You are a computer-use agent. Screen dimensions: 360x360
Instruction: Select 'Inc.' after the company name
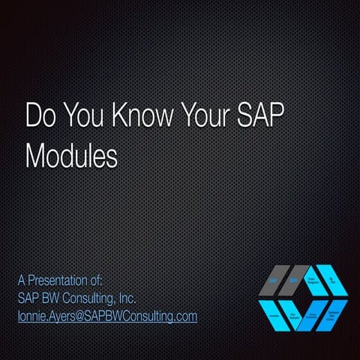click(124, 298)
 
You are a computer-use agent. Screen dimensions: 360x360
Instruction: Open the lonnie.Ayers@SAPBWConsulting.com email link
click(107, 316)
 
